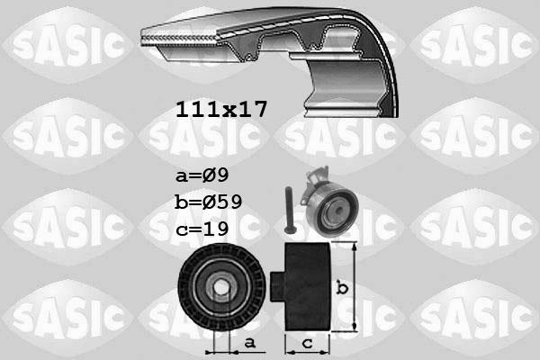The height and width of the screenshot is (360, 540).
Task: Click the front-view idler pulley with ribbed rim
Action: point(221,287)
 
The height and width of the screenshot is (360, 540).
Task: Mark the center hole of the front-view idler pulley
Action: point(221,288)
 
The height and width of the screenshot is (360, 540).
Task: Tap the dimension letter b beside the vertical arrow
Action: point(342,288)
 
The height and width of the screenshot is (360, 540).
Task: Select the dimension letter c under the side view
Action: point(309,343)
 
